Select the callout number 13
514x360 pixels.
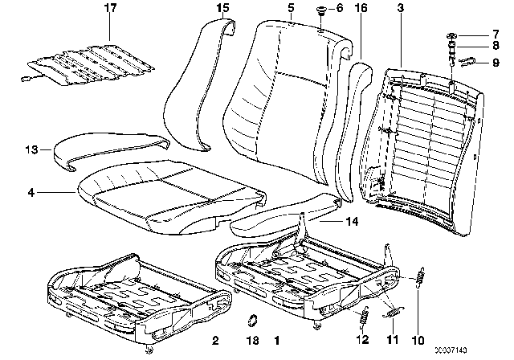(31, 149)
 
